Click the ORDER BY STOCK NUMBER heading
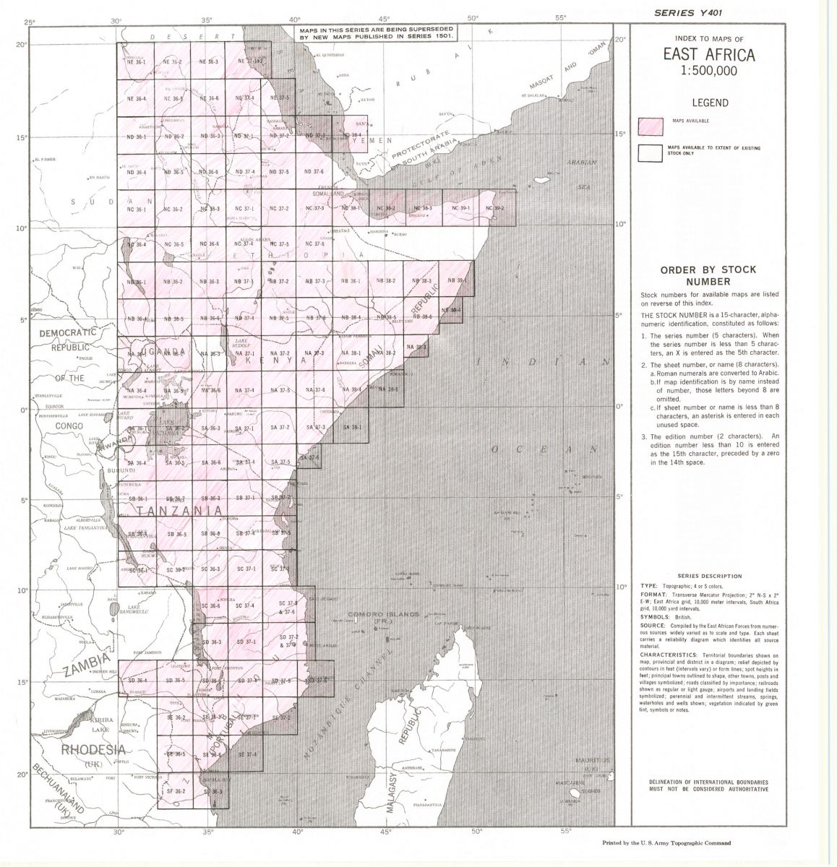(x=697, y=275)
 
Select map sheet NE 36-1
(x=136, y=62)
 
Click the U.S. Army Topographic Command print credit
(x=666, y=842)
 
